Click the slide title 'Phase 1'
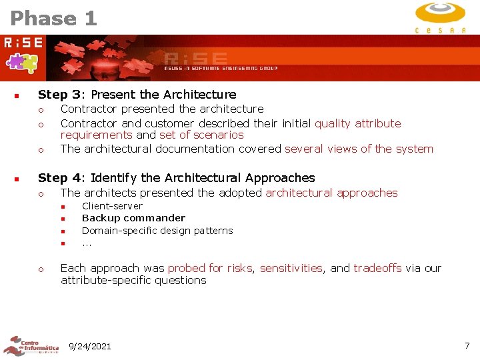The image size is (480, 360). [x=54, y=18]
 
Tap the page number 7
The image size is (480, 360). [x=467, y=345]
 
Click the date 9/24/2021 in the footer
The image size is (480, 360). [x=90, y=346]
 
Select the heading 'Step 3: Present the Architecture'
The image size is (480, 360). [x=137, y=95]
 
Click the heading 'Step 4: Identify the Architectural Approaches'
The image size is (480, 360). [x=176, y=178]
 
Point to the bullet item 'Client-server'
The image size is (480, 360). [x=112, y=206]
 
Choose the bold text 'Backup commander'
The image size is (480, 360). [x=133, y=218]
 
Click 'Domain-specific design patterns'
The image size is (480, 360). [x=157, y=231]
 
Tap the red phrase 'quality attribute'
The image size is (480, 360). [x=358, y=123]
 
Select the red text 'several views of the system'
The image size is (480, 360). [x=359, y=149]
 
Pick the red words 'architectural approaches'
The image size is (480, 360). [x=331, y=193]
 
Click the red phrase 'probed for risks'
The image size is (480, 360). [x=209, y=268]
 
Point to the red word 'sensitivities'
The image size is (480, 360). [x=291, y=268]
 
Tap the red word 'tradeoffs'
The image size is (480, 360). [x=377, y=268]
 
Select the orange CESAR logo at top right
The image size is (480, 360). [x=440, y=17]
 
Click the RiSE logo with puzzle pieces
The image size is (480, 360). [x=23, y=54]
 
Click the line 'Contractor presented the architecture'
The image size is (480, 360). [x=162, y=109]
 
